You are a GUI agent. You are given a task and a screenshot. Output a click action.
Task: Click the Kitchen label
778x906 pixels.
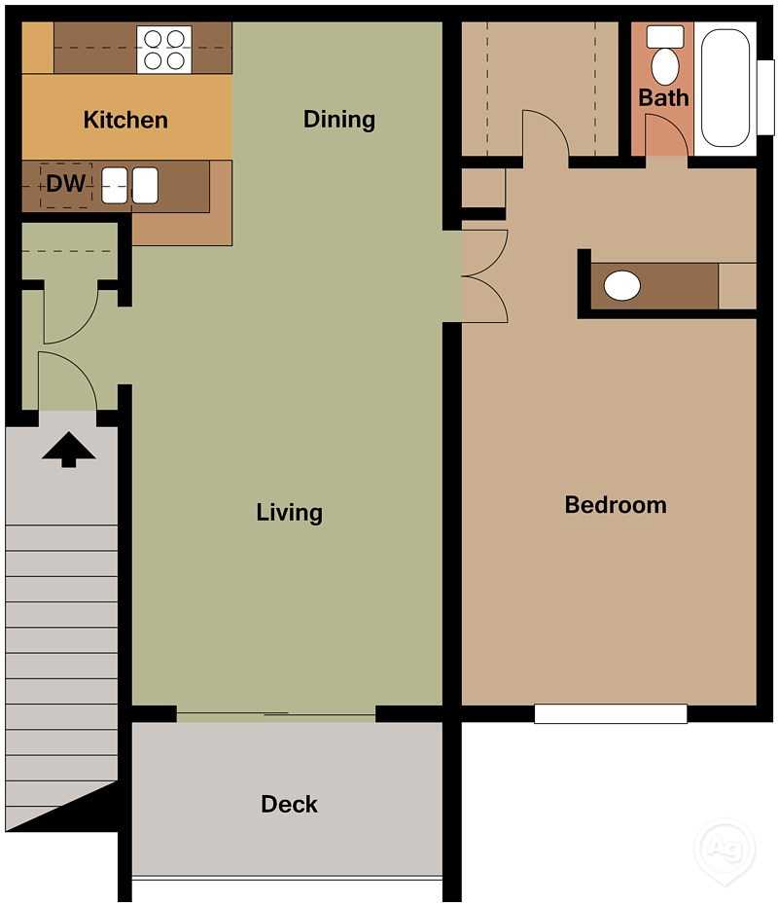[x=125, y=120]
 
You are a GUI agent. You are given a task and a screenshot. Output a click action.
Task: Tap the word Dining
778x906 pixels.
[x=339, y=119]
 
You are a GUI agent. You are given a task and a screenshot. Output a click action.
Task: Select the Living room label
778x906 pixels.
[x=289, y=512]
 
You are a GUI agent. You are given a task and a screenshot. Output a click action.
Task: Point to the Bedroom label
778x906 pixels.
[x=616, y=504]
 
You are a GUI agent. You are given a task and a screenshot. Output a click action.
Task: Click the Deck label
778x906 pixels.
[x=289, y=804]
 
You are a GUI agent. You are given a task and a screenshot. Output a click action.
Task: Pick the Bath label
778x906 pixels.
[x=663, y=97]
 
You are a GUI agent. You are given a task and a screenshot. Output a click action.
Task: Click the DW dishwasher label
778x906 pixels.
[x=66, y=183]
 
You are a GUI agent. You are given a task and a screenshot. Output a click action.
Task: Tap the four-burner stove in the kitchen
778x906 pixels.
[x=163, y=50]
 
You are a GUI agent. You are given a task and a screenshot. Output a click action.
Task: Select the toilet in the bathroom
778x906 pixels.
[x=665, y=58]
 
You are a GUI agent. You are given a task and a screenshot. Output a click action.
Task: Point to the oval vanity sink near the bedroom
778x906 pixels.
[x=622, y=285]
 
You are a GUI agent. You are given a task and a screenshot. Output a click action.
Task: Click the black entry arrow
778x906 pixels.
[x=68, y=450]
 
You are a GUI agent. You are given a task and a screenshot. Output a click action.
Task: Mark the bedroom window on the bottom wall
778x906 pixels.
[x=611, y=713]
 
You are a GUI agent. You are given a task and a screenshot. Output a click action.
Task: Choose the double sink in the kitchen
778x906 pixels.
[x=130, y=185]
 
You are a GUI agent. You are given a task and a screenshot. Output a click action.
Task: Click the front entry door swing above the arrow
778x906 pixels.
[x=66, y=382]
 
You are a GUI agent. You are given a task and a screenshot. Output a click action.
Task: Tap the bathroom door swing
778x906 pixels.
[x=666, y=134]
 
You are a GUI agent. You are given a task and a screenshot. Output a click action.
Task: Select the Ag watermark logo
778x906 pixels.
[x=724, y=845]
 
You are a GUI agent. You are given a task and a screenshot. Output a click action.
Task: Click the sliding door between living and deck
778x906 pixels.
[x=276, y=717]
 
